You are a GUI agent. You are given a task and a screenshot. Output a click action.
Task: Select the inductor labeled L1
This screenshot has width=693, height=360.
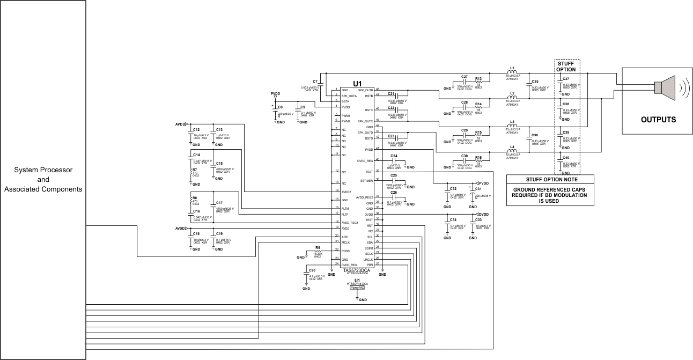pyautogui.click(x=512, y=72)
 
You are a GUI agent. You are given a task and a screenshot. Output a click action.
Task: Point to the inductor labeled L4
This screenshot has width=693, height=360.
pyautogui.click(x=512, y=151)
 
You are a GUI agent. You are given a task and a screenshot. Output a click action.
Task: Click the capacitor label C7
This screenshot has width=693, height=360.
pyautogui.click(x=315, y=81)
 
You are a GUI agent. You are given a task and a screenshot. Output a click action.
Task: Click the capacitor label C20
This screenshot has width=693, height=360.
pyautogui.click(x=312, y=270)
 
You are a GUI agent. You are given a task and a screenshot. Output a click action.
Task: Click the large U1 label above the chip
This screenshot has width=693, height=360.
pyautogui.click(x=357, y=84)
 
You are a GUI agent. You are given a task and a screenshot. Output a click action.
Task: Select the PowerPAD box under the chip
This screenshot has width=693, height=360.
pyautogui.click(x=357, y=288)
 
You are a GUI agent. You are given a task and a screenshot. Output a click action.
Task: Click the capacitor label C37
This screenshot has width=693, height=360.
pyautogui.click(x=566, y=79)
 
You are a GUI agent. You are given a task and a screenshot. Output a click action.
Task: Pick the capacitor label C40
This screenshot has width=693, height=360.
pyautogui.click(x=566, y=158)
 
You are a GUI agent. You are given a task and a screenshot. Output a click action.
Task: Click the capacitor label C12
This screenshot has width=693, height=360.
pyautogui.click(x=196, y=130)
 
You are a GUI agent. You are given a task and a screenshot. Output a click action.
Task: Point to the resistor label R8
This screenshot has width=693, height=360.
pyautogui.click(x=195, y=198)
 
